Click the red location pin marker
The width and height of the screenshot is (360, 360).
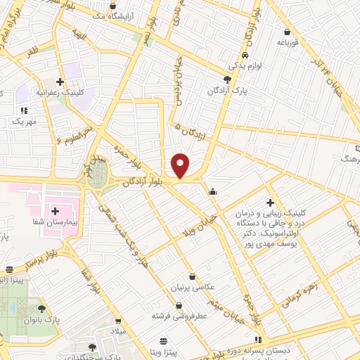coord(181,165)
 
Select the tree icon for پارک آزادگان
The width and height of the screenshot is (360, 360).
coord(226,79)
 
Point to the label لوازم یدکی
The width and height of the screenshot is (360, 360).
coord(245,65)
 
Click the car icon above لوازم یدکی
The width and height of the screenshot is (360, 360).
coord(244,55)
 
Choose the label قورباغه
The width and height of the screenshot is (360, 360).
coord(288,42)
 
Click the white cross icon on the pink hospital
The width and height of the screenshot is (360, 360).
coord(56,211)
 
